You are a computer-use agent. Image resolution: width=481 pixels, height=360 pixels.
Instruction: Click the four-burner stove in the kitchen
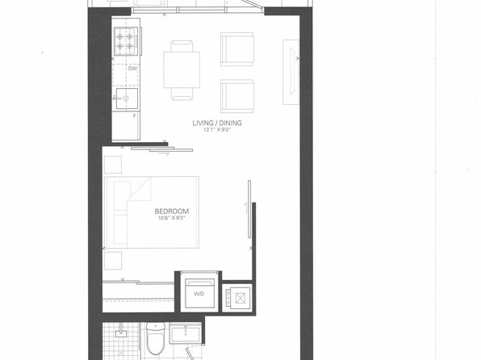[x=126, y=41]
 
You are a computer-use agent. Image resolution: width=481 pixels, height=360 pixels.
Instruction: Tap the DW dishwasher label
[x=132, y=69]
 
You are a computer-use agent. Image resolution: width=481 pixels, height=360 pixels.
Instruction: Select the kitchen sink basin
[x=127, y=98]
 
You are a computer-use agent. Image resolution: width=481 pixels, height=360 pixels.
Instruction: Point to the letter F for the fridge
[x=134, y=116]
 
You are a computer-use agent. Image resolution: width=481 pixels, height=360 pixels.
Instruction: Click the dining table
[x=182, y=69]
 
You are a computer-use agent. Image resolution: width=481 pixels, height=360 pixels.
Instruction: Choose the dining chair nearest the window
[x=182, y=46]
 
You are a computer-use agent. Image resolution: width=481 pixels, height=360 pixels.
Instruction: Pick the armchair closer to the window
[x=236, y=49]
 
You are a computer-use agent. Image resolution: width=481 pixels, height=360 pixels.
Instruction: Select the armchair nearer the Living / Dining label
[x=236, y=96]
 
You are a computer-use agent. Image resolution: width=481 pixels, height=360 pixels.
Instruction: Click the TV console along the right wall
[x=291, y=72]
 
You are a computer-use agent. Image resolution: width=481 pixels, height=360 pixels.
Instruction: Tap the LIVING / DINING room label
[x=217, y=123]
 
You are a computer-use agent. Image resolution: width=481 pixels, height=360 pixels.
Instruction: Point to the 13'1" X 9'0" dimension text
[x=217, y=130]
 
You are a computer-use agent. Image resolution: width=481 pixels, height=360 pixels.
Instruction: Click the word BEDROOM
[x=172, y=211]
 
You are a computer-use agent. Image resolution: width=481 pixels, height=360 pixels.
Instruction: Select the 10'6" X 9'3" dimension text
[x=172, y=218]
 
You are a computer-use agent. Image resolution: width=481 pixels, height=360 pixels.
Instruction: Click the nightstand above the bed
[x=113, y=165]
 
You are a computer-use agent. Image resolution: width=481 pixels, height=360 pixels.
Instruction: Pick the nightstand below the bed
[x=113, y=261]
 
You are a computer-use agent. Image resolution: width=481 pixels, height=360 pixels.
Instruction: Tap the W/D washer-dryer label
[x=199, y=294]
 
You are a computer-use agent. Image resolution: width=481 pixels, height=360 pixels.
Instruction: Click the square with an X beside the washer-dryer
[x=240, y=297]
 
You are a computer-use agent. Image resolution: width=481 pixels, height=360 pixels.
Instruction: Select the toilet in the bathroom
[x=156, y=338]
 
